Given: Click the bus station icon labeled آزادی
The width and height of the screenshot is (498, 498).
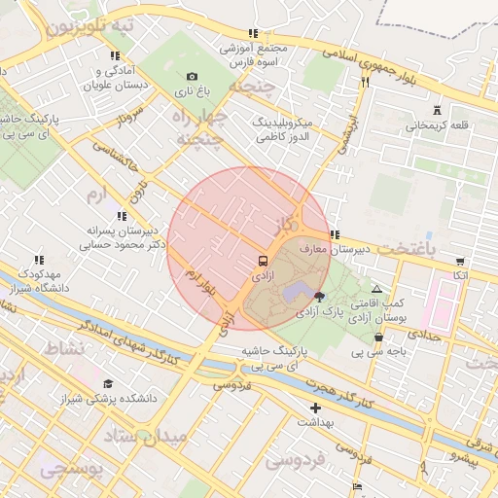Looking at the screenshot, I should click(263, 262).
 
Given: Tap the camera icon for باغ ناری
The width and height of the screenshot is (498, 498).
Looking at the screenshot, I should click(192, 77).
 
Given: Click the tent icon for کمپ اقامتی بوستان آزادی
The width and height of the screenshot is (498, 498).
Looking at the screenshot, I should click(377, 289).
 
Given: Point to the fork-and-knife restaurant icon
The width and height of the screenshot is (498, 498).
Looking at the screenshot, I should click(366, 82).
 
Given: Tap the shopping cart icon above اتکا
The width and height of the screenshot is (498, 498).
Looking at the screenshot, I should click(459, 261).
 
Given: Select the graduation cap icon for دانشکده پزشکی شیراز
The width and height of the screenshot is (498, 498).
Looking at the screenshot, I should click(109, 383).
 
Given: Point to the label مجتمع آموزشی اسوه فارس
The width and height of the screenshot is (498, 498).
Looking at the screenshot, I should click(254, 54).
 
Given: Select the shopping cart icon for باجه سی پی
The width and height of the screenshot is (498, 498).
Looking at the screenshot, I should click(377, 337).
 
